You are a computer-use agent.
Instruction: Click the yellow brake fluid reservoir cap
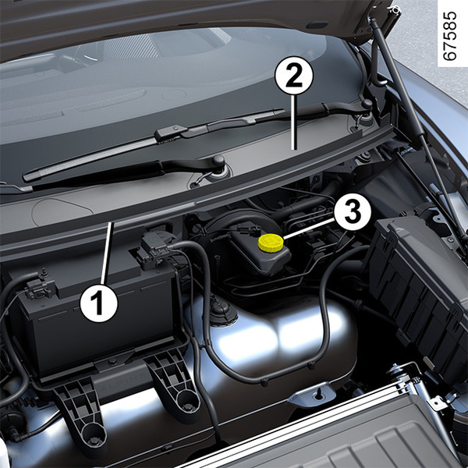pyautogui.click(x=271, y=242)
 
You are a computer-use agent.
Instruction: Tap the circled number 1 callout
pyautogui.click(x=99, y=303)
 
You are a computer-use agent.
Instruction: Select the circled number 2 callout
pyautogui.click(x=294, y=76)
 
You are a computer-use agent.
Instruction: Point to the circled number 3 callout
pyautogui.click(x=353, y=212)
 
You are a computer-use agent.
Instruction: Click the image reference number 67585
pyautogui.click(x=449, y=36)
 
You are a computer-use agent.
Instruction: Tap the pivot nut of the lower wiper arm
pyautogui.click(x=218, y=161)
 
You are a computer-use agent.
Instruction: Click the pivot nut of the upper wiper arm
pyautogui.click(x=367, y=104)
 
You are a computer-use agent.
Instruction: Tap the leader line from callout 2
pyautogui.click(x=294, y=122)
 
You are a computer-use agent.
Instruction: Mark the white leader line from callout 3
pyautogui.click(x=309, y=229)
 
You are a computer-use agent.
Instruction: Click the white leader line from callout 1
pyautogui.click(x=107, y=253)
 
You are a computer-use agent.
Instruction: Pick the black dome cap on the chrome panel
pyautogui.click(x=221, y=312)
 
